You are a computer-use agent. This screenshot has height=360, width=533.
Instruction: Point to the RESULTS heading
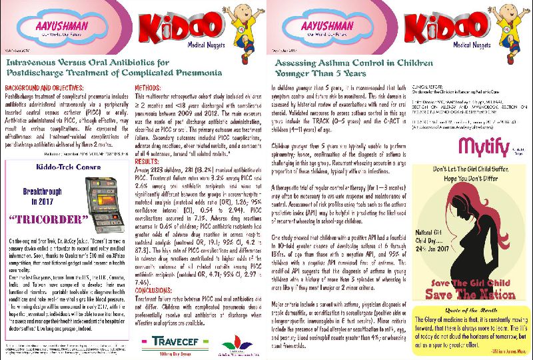click(148, 161)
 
